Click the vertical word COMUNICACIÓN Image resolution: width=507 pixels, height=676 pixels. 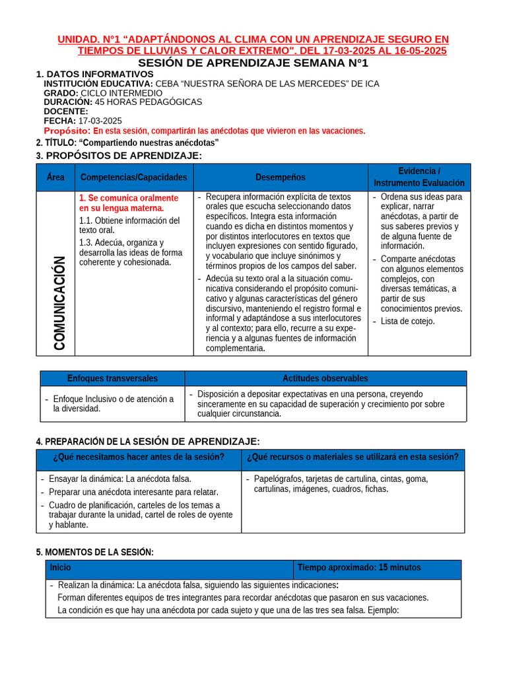pyautogui.click(x=59, y=302)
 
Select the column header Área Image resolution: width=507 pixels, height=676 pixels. pyautogui.click(x=56, y=178)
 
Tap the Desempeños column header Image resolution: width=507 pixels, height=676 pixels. pyautogui.click(x=281, y=178)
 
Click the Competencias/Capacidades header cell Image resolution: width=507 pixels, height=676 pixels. pyautogui.click(x=134, y=178)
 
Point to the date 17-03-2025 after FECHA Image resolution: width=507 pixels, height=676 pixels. pyautogui.click(x=100, y=121)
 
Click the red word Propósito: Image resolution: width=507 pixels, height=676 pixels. pyautogui.click(x=67, y=131)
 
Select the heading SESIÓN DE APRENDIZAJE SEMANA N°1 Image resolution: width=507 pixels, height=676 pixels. pyautogui.click(x=253, y=63)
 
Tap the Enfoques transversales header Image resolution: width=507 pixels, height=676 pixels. pyautogui.click(x=112, y=378)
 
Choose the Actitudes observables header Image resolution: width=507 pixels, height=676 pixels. pyautogui.click(x=325, y=378)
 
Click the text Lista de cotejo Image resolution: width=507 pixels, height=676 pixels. pyautogui.click(x=407, y=321)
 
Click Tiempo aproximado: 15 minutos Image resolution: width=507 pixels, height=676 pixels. pyautogui.click(x=359, y=568)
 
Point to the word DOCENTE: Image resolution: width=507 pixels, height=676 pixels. pyautogui.click(x=66, y=112)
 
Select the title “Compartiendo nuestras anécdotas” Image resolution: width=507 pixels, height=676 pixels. pyautogui.click(x=149, y=143)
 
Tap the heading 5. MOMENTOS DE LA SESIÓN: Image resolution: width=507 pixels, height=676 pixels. pyautogui.click(x=95, y=552)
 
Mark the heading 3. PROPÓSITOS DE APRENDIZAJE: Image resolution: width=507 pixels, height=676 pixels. pyautogui.click(x=119, y=155)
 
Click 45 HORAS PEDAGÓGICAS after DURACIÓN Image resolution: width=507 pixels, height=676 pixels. pyautogui.click(x=149, y=102)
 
